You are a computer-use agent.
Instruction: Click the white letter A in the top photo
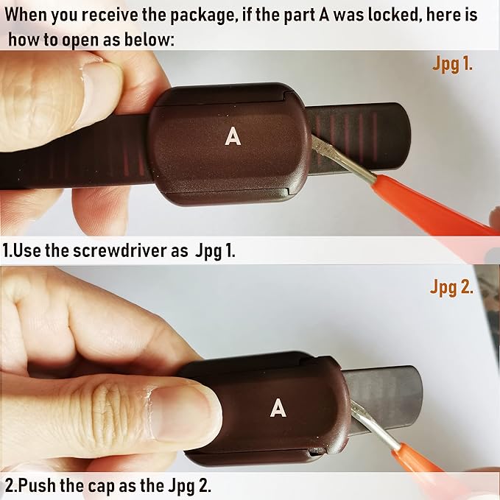[x=233, y=136]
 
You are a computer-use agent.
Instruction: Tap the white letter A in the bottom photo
[x=278, y=406]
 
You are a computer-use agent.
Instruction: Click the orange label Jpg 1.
[x=451, y=65]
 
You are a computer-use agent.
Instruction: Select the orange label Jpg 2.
[x=451, y=287]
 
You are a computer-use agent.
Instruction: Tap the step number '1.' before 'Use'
[x=8, y=250]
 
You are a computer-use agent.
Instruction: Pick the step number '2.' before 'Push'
[x=10, y=487]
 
